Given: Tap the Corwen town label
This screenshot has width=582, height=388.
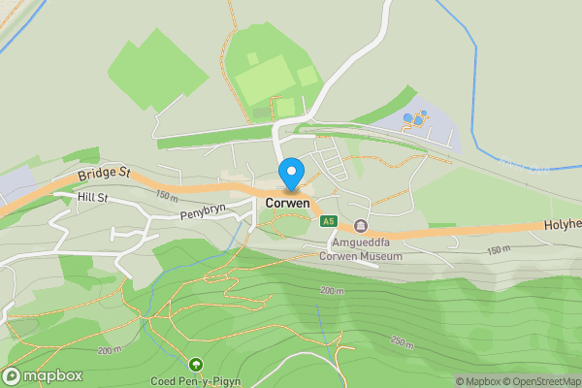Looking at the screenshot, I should pyautogui.click(x=288, y=204).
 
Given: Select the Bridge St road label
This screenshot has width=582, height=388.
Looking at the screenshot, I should pyautogui.click(x=105, y=172).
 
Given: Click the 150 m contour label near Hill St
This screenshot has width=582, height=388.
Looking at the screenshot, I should pyautogui.click(x=166, y=198).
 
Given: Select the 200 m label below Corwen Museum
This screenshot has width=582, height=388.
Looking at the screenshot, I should pyautogui.click(x=332, y=290).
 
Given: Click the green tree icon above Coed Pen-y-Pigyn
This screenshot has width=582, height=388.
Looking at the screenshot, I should pyautogui.click(x=197, y=365).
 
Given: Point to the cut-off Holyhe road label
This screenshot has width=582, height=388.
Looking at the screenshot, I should pyautogui.click(x=562, y=224).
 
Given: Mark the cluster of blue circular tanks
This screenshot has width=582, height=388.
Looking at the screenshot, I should pyautogui.click(x=416, y=118).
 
